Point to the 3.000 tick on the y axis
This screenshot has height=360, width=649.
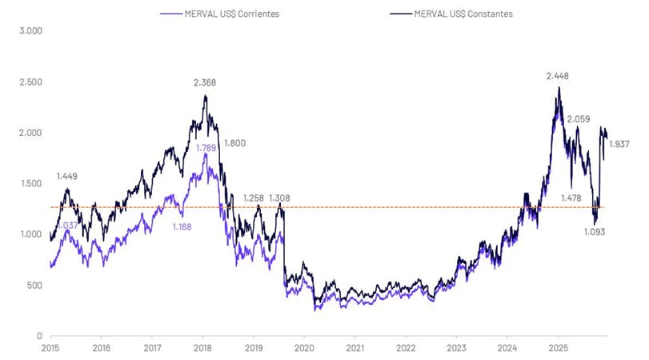[30, 31]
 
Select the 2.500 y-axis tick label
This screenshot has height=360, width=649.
[30, 82]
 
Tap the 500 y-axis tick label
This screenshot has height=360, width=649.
[34, 285]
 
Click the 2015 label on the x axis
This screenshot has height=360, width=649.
[50, 349]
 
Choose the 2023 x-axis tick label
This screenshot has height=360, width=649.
[456, 349]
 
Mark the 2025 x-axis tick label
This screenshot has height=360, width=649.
[558, 349]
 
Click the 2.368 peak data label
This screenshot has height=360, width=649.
[205, 82]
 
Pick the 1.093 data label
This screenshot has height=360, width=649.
[594, 232]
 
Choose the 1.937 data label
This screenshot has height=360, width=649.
[620, 145]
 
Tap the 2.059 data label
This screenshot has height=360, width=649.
[578, 119]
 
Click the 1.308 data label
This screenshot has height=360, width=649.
[279, 198]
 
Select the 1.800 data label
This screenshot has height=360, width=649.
[234, 143]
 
